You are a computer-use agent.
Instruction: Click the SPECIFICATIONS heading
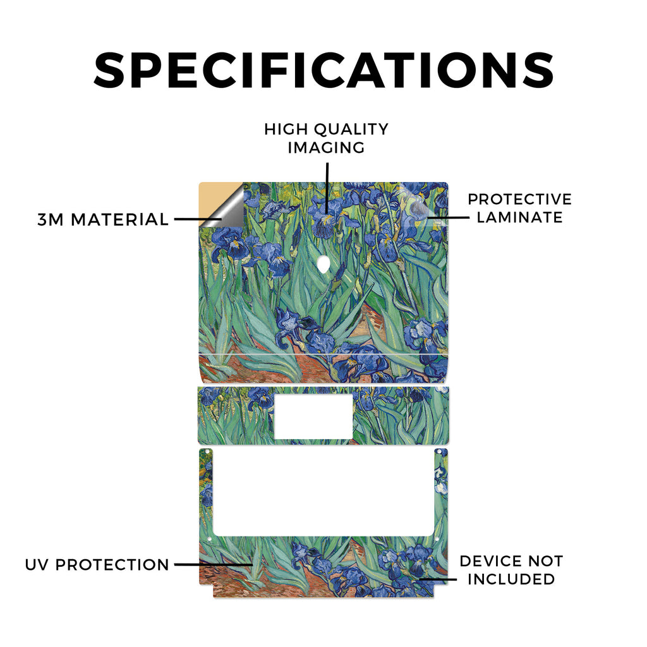coord(324,70)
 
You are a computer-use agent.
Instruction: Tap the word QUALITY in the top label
coord(351,129)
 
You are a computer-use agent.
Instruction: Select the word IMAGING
coord(326,147)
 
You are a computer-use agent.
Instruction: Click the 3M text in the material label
coord(51,219)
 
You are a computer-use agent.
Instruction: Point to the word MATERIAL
coord(119,219)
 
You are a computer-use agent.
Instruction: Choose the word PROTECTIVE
coord(519,199)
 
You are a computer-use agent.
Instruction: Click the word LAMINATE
coord(519,217)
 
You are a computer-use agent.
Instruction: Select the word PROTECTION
coord(112,565)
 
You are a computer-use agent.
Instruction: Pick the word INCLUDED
coord(511,579)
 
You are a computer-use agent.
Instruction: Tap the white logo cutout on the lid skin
coord(324,264)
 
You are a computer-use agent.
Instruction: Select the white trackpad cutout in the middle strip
coord(313,416)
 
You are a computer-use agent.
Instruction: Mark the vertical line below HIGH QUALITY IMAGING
coord(327,188)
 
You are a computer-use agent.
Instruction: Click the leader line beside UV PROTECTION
coord(214,564)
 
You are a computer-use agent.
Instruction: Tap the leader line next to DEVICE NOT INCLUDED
coord(438,579)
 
